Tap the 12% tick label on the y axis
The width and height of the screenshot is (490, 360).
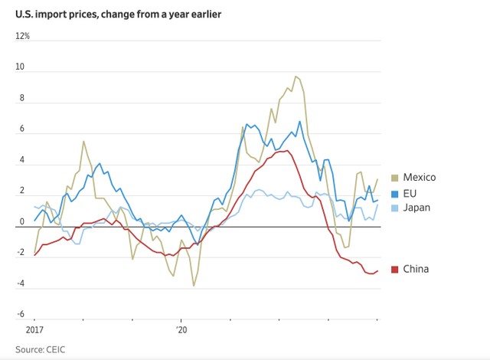click(24, 36)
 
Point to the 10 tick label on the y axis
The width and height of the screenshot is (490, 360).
click(21, 67)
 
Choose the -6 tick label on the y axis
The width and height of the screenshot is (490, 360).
click(21, 315)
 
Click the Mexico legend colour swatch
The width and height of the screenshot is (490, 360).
click(394, 178)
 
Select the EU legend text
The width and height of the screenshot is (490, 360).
click(411, 192)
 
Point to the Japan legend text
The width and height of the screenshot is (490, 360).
click(418, 207)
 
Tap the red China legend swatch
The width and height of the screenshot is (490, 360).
click(394, 269)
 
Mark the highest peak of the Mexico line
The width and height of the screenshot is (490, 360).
click(295, 76)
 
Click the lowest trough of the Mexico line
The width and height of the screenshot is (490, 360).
click(194, 286)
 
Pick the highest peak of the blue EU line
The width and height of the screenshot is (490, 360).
click(299, 121)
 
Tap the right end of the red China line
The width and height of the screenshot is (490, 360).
click(377, 270)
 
